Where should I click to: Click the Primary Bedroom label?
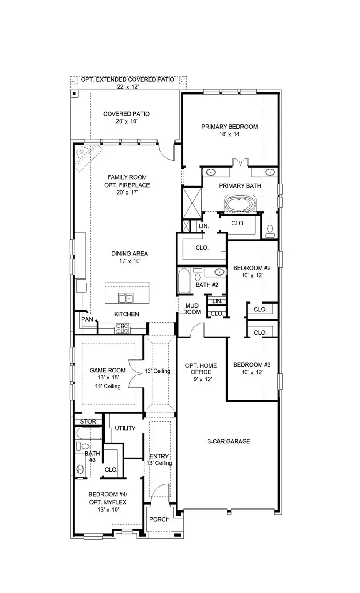pyautogui.click(x=229, y=127)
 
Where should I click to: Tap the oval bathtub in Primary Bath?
pyautogui.click(x=240, y=205)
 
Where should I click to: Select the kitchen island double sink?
pyautogui.click(x=126, y=299)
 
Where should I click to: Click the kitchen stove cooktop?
pyautogui.click(x=122, y=328)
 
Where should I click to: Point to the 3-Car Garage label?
pyautogui.click(x=229, y=441)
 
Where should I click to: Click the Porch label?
pyautogui.click(x=159, y=519)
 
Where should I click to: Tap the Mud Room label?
pyautogui.click(x=192, y=308)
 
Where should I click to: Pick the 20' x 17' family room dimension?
pyautogui.click(x=127, y=193)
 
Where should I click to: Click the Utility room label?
pyautogui.click(x=125, y=428)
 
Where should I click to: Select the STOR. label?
pyautogui.click(x=88, y=421)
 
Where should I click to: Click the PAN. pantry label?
pyautogui.click(x=88, y=319)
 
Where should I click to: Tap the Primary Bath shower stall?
pyautogui.click(x=192, y=202)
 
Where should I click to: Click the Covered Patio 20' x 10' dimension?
pyautogui.click(x=126, y=121)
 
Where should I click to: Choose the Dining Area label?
pyautogui.click(x=129, y=254)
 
